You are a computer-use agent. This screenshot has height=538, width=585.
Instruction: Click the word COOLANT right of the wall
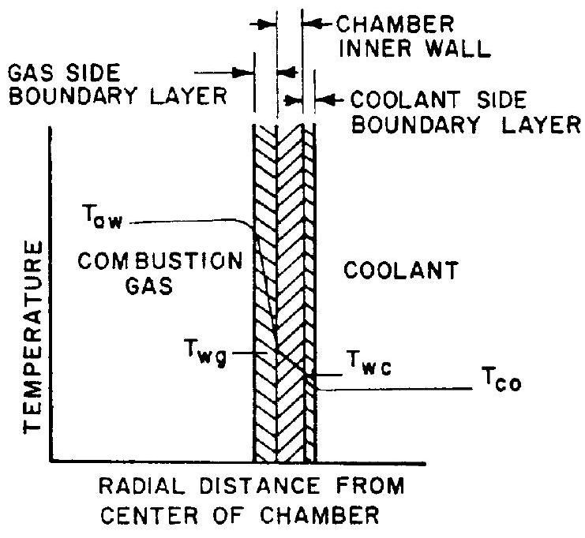401,273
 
